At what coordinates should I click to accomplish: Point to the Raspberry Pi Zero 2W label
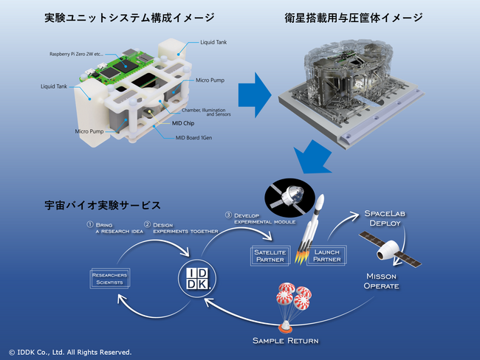tap(80, 55)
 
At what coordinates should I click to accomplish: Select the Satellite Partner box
tap(269, 255)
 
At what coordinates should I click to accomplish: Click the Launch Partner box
tap(326, 255)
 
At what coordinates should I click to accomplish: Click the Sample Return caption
tap(285, 340)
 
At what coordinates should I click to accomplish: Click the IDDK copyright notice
tap(69, 352)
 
